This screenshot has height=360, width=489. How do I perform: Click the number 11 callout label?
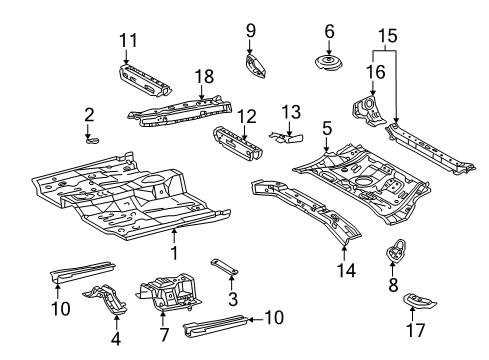[127, 41]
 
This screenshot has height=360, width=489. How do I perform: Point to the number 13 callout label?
[292, 110]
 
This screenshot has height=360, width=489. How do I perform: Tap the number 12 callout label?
[244, 115]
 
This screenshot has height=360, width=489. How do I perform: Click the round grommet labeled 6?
[327, 68]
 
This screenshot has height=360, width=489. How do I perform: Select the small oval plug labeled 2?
[90, 140]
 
